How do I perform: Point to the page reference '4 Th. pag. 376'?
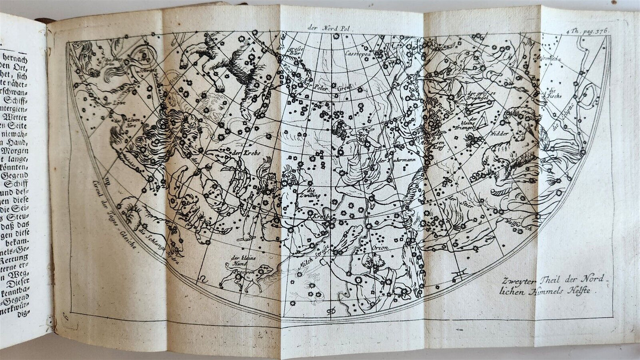click(x=587, y=31)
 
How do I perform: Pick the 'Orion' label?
click(x=380, y=248)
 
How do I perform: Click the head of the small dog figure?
click(x=268, y=268)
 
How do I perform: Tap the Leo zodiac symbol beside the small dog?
click(x=203, y=279)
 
